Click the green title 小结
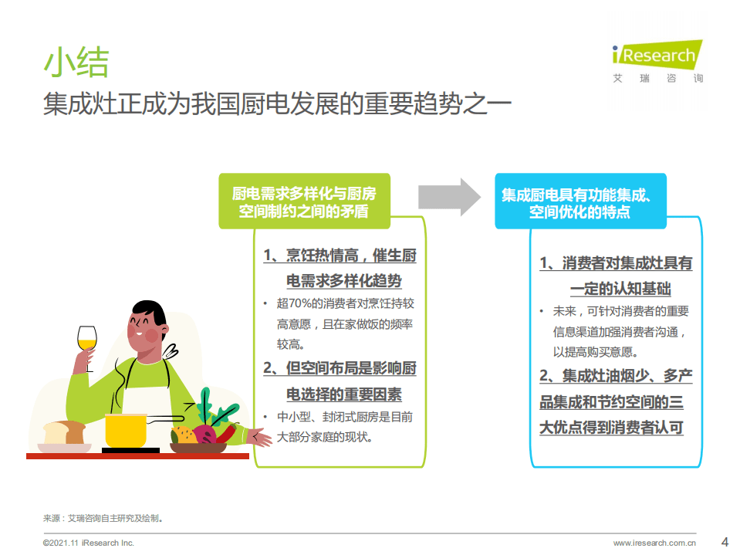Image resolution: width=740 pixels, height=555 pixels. (76, 62)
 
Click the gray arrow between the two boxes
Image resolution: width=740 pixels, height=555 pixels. (449, 197)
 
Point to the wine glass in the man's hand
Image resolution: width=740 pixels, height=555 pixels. (87, 340)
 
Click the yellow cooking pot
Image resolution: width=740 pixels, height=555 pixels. (126, 429)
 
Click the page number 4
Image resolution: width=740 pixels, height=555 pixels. (724, 540)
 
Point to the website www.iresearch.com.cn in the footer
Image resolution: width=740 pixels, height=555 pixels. (654, 543)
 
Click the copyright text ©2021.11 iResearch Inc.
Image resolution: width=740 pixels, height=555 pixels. (88, 543)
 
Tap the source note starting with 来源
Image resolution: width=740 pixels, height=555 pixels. (103, 519)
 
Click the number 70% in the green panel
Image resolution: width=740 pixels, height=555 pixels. (287, 303)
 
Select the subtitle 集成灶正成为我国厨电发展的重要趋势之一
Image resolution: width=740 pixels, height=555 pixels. (277, 105)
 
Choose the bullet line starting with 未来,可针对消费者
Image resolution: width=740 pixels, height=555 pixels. (620, 312)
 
